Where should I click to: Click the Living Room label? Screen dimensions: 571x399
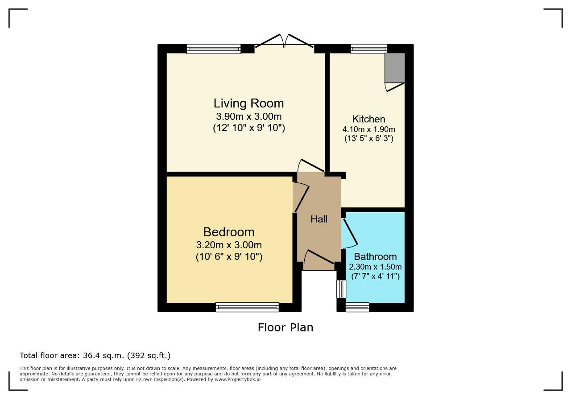click(x=248, y=103)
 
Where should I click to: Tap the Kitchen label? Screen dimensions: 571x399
click(x=368, y=119)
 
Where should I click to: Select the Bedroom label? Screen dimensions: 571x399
click(x=229, y=232)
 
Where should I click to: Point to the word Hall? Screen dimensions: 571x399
click(x=319, y=219)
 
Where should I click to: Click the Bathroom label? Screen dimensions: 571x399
click(x=375, y=256)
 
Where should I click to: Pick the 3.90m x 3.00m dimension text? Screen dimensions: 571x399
click(x=249, y=117)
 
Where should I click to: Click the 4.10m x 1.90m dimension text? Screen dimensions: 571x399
click(x=368, y=129)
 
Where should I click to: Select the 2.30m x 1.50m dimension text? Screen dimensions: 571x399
click(x=375, y=267)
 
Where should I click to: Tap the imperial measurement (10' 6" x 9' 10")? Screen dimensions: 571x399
click(x=229, y=256)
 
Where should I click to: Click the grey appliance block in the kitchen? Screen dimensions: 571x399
click(x=395, y=68)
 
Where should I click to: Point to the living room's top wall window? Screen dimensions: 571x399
click(x=214, y=49)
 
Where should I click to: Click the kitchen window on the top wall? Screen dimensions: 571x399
click(x=369, y=49)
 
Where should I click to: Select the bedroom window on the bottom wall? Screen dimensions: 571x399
click(x=247, y=307)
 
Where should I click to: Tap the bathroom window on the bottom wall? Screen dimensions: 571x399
click(x=357, y=307)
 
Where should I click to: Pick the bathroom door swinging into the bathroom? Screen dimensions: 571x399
click(x=350, y=233)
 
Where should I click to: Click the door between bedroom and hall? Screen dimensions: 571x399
click(x=302, y=197)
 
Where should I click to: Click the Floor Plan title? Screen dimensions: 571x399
click(x=285, y=327)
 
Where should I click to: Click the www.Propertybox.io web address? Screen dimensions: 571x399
click(x=238, y=379)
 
